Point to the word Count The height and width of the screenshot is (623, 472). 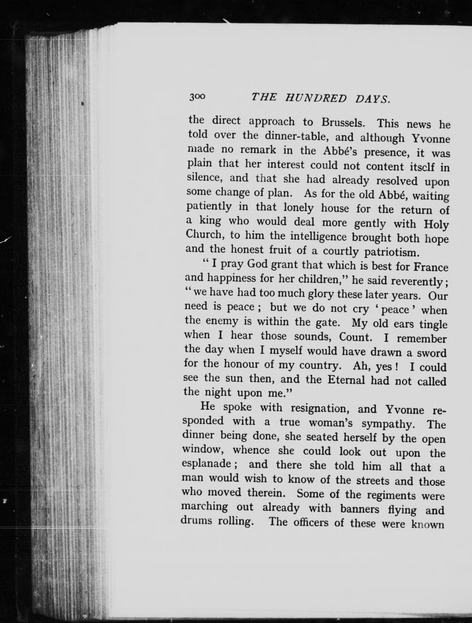(354, 336)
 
